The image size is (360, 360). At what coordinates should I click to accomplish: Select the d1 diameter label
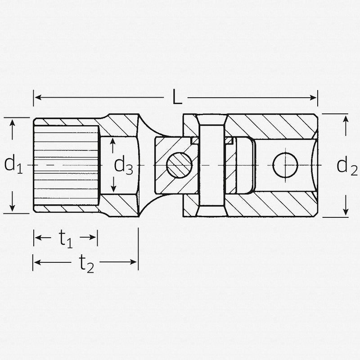coord(13,165)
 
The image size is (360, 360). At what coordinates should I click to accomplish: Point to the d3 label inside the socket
coord(123,166)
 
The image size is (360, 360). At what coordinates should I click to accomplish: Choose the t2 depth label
coord(86,263)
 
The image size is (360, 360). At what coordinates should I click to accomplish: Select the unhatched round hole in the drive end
coord(285,165)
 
